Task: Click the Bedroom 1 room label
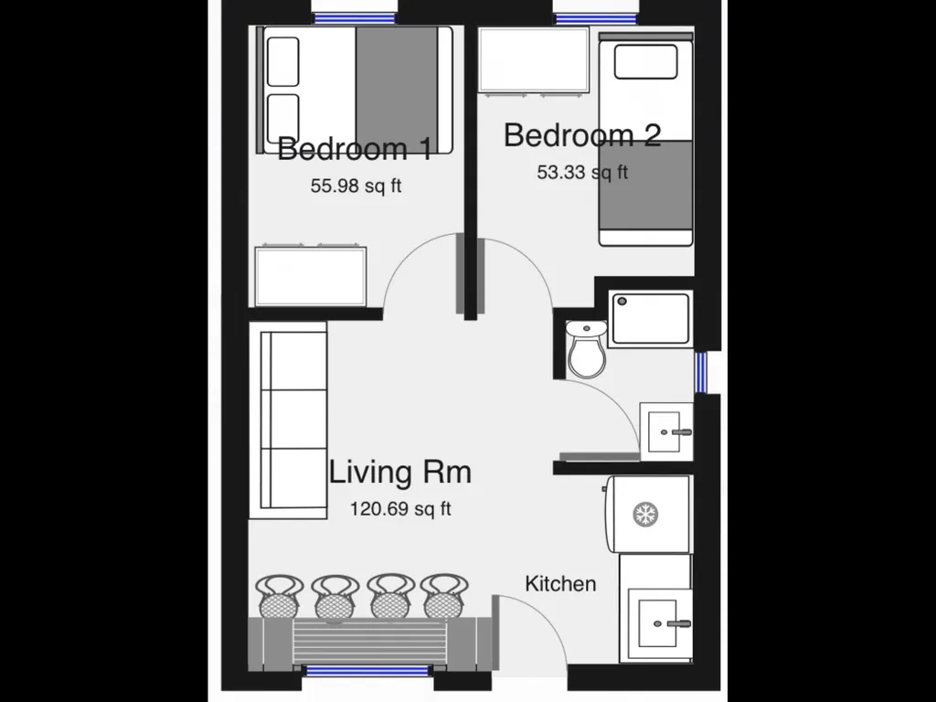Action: tap(355, 148)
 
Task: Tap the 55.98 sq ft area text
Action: tap(356, 186)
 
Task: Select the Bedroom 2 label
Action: tap(582, 135)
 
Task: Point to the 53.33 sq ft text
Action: tap(582, 172)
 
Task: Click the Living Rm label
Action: tap(400, 472)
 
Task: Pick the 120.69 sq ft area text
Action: tap(400, 508)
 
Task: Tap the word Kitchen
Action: tap(560, 583)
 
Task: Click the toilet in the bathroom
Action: tap(586, 349)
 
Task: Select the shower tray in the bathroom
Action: tap(650, 319)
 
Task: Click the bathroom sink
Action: tap(666, 431)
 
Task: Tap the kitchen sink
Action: tap(657, 623)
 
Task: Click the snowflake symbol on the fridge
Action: tap(645, 514)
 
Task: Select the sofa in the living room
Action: tap(288, 420)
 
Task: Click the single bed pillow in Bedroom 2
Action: tap(646, 61)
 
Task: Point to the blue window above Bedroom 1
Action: tap(355, 18)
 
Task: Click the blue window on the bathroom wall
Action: tap(701, 373)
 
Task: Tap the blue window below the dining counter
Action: tap(367, 670)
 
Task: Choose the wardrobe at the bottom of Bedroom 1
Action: tap(311, 276)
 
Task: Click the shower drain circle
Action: tap(622, 302)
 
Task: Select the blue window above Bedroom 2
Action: tap(596, 19)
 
